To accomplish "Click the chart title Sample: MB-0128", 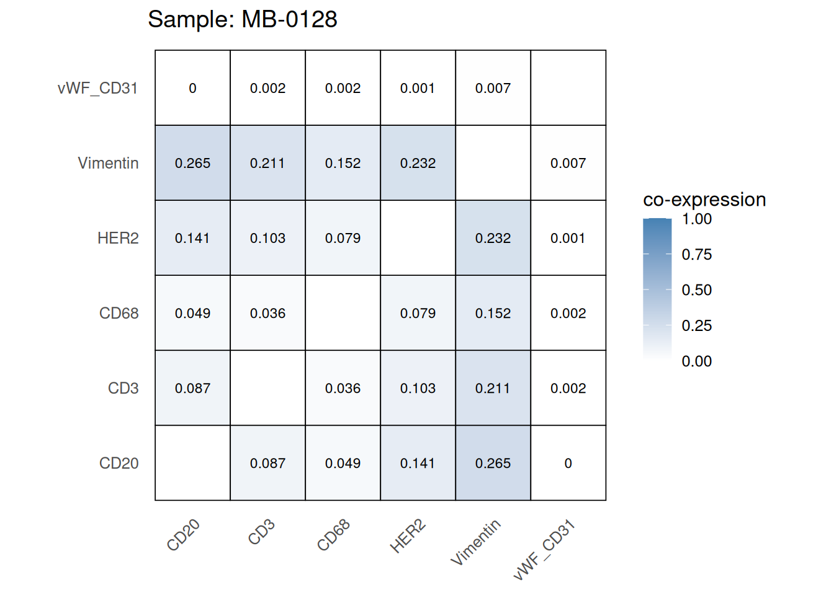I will tap(242, 20).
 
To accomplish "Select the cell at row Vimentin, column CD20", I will tap(192, 163).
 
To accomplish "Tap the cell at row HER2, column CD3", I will tap(267, 238).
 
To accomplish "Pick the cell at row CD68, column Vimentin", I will tap(493, 313).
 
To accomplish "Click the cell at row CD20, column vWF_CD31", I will tap(568, 463).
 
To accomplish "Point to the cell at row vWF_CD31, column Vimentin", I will tap(493, 88).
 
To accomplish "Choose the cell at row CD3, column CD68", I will tap(343, 388).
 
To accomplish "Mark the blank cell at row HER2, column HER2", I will tap(418, 238).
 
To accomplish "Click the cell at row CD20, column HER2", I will tap(418, 463).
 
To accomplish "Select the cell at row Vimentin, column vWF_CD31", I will tap(568, 163).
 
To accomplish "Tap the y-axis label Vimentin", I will tap(108, 163).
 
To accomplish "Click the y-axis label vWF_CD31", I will tap(97, 88).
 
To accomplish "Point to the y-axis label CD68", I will tap(119, 313).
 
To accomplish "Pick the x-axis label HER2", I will tap(408, 537).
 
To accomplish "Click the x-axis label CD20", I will tap(184, 535).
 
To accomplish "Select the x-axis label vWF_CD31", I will tap(545, 550).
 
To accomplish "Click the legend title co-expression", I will tap(704, 200).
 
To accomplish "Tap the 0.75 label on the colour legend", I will tap(696, 255).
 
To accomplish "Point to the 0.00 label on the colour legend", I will tap(696, 361).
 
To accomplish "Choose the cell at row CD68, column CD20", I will tap(192, 313).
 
